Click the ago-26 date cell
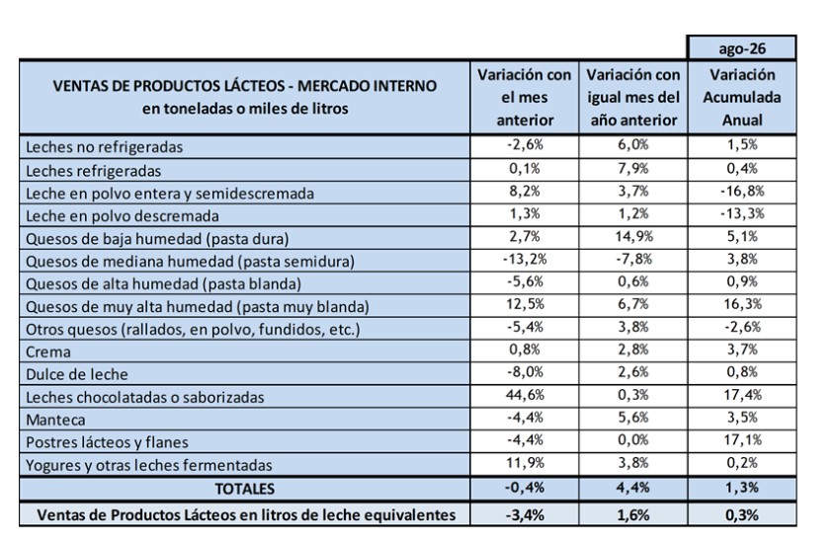point(742,48)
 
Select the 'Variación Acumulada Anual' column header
point(742,97)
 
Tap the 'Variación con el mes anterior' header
point(524,97)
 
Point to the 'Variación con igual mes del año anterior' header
point(633,97)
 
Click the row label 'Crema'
point(48,352)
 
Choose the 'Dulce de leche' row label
point(77,374)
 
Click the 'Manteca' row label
point(55,420)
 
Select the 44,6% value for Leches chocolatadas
point(525,395)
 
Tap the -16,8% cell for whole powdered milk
point(742,191)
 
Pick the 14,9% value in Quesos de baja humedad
point(633,236)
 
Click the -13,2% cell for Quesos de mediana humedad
point(525,259)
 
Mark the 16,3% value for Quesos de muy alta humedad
point(742,304)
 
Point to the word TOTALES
point(245,489)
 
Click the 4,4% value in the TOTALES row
point(633,488)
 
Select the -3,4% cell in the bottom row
point(525,514)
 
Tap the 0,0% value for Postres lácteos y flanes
point(633,440)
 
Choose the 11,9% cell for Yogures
point(525,462)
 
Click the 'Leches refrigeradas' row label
point(93,171)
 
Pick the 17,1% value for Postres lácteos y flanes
point(742,440)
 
